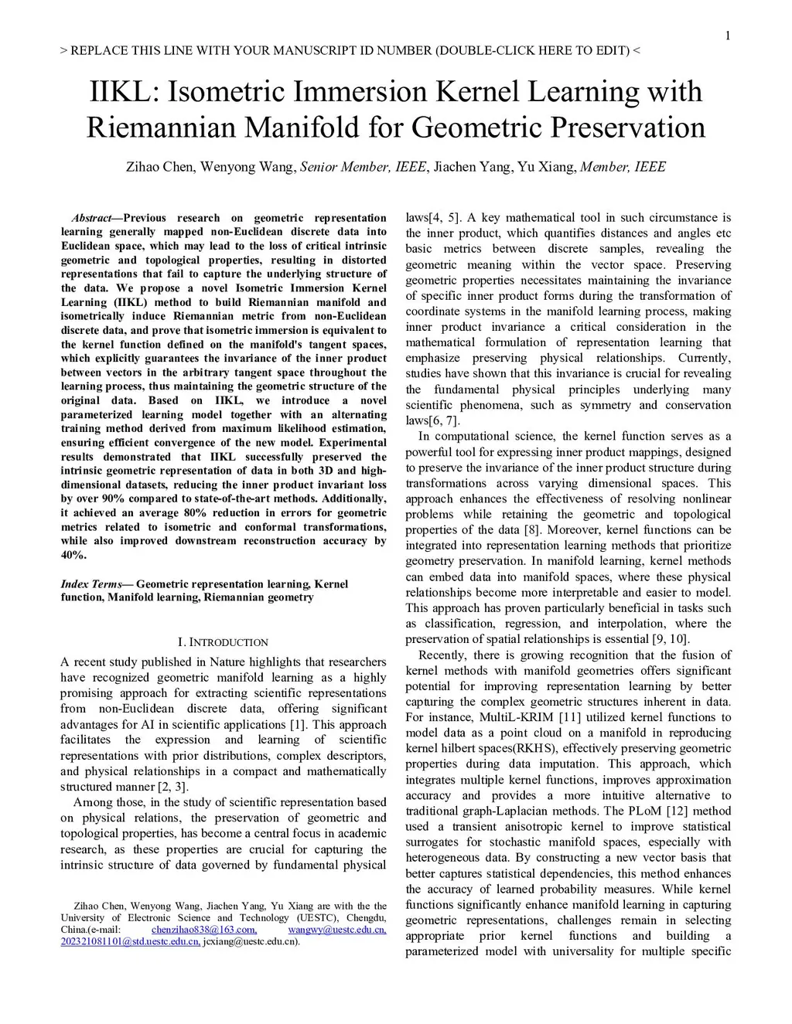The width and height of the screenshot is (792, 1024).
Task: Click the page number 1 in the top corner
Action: click(728, 36)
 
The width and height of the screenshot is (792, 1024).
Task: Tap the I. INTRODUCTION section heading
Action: click(223, 642)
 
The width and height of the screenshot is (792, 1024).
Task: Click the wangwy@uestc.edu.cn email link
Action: click(336, 930)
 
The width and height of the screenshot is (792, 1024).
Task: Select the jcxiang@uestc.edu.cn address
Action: click(251, 941)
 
